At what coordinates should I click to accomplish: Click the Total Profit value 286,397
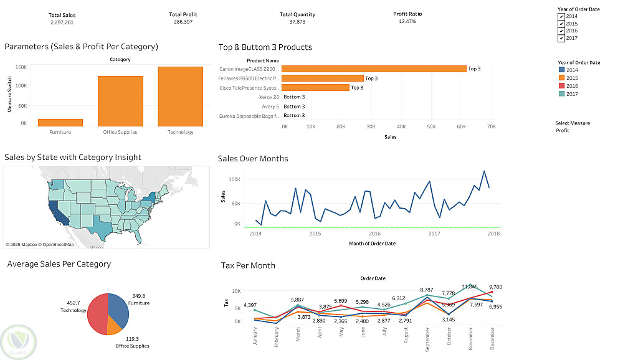[x=183, y=22]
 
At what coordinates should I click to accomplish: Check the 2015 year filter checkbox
[x=561, y=24]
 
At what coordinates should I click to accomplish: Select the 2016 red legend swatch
[x=561, y=86]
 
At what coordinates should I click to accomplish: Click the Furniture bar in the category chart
[x=60, y=123]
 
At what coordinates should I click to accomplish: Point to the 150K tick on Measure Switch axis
[x=21, y=67]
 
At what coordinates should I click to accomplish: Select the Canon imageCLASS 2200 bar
[x=374, y=69]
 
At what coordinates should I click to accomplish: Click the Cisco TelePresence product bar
[x=315, y=88]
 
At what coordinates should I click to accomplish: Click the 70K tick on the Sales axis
[x=491, y=127]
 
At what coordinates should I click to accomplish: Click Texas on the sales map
[x=101, y=227]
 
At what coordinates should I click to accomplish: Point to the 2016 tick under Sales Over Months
[x=374, y=234]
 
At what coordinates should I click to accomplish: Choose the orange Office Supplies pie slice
[x=113, y=326]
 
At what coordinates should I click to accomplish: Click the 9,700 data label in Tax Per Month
[x=496, y=287]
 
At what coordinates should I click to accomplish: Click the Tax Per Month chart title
[x=248, y=266]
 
